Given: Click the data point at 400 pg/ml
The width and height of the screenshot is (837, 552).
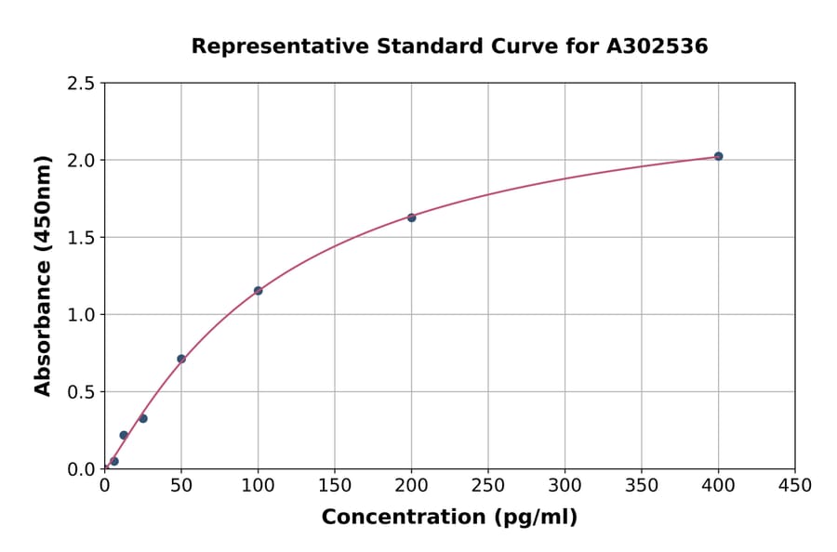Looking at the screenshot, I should click(x=718, y=156).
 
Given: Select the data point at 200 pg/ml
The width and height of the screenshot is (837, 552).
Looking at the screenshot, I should click(x=411, y=217).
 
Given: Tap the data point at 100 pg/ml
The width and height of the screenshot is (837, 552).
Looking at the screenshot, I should click(x=258, y=291).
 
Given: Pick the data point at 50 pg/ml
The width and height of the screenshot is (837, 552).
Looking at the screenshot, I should click(x=181, y=359).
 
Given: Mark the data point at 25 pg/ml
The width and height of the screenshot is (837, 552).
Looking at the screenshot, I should click(x=143, y=418).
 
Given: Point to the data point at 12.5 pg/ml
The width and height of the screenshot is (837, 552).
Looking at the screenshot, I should click(x=124, y=435).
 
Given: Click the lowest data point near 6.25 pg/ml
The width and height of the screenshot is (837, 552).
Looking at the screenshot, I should click(x=114, y=461).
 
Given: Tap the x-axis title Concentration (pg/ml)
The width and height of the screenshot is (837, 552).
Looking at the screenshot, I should click(x=449, y=518).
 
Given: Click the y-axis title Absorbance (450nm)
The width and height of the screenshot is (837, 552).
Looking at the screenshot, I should click(x=43, y=275).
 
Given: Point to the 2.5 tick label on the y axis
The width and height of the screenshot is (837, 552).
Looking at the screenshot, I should click(x=80, y=84).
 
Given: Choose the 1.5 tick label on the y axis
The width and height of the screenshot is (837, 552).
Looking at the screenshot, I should click(x=80, y=238).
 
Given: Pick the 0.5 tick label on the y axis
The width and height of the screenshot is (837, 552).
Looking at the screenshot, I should click(x=80, y=392).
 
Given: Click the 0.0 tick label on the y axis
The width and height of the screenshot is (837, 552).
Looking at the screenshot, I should click(x=80, y=469).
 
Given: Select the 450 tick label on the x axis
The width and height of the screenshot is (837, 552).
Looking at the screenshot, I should click(x=795, y=486).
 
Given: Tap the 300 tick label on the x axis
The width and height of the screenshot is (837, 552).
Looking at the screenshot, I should click(x=565, y=486).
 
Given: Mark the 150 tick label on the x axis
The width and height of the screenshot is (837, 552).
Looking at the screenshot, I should click(x=335, y=486).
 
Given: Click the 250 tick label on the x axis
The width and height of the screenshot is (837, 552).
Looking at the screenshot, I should click(x=488, y=486).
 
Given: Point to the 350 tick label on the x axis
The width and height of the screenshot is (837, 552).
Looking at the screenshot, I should click(x=642, y=486).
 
